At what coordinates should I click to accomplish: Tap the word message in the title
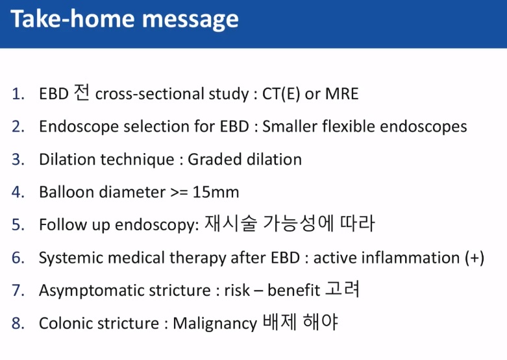tap(190, 21)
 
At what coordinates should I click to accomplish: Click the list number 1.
tap(18, 94)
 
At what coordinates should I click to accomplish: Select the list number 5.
tap(18, 224)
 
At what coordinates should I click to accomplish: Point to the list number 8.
tap(18, 323)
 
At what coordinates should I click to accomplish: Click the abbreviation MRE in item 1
tap(341, 93)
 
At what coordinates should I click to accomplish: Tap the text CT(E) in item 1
tap(281, 94)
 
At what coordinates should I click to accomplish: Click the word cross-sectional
tap(150, 94)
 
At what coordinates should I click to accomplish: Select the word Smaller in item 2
tap(290, 126)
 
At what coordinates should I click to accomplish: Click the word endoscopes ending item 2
tap(423, 127)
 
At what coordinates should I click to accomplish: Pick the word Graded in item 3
tap(214, 160)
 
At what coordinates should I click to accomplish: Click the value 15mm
tap(216, 192)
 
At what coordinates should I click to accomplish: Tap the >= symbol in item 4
tap(179, 193)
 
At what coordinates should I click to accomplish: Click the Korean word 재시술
tap(231, 223)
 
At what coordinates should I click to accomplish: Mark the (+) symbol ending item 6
tap(475, 258)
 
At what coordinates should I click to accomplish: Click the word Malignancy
tap(215, 324)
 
